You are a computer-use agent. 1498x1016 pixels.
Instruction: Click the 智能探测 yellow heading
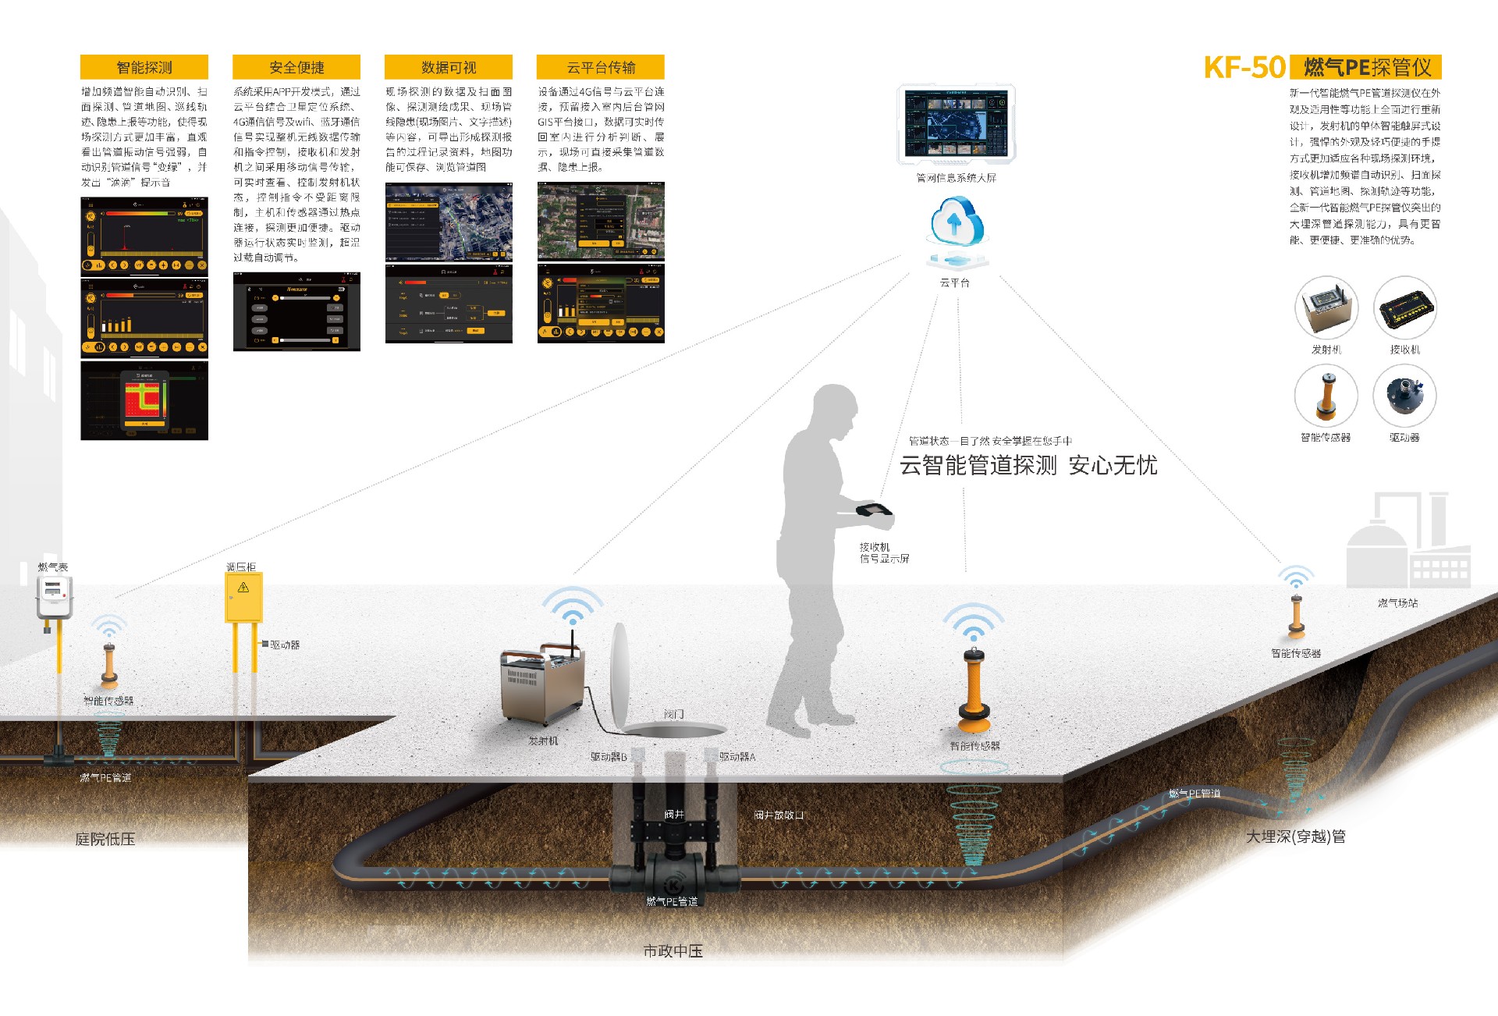click(144, 67)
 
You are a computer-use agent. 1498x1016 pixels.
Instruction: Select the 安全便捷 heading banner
click(296, 67)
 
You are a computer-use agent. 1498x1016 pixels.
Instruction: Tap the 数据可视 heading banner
click(449, 67)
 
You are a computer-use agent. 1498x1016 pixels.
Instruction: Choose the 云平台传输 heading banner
click(601, 67)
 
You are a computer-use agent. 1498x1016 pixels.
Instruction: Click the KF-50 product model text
click(1244, 68)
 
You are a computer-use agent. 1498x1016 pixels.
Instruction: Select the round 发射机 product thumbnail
click(1326, 308)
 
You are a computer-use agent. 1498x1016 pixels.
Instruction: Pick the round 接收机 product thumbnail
click(1405, 308)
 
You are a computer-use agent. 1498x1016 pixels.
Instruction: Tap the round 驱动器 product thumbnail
click(1405, 396)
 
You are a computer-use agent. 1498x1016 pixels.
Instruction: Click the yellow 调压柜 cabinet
click(243, 598)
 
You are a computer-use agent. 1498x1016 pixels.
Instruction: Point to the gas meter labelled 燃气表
click(54, 598)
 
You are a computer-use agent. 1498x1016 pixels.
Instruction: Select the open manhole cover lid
click(619, 673)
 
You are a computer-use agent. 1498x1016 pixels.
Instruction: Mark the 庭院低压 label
click(105, 840)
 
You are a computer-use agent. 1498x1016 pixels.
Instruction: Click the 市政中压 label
click(673, 951)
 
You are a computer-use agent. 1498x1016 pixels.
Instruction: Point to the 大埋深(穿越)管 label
click(1295, 837)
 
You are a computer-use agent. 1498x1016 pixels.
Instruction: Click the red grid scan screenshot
click(144, 400)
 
